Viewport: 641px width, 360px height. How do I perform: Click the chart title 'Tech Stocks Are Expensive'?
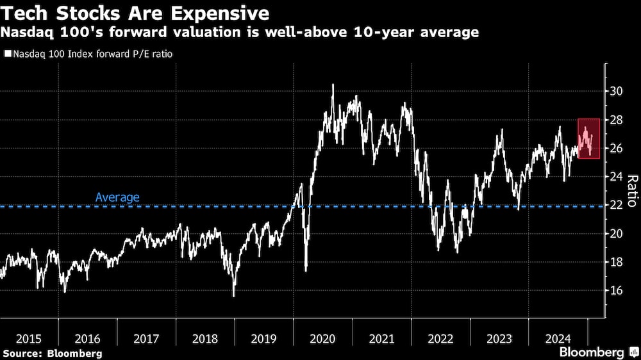tap(135, 13)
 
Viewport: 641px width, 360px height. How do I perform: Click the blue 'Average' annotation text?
tap(117, 197)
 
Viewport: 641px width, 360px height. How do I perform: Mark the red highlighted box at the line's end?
tap(588, 138)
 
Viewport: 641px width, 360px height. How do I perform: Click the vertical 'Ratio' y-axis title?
tap(631, 190)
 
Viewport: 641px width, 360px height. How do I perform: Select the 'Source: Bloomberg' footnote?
tap(52, 353)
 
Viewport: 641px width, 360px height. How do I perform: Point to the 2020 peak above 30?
tap(332, 85)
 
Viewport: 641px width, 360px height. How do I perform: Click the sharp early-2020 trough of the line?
tap(306, 270)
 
